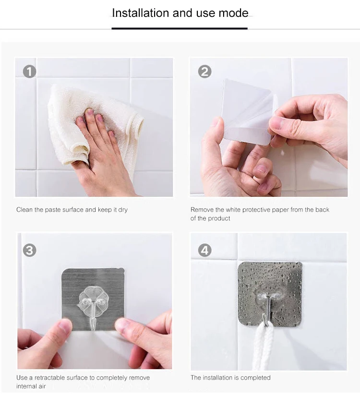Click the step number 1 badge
(29, 72)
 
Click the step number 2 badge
(204, 72)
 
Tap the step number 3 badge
(29, 251)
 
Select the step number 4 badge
(204, 251)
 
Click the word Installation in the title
(141, 13)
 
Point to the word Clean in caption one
(24, 210)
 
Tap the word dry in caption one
(123, 210)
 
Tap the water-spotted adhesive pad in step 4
(270, 294)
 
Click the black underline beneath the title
(180, 28)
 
